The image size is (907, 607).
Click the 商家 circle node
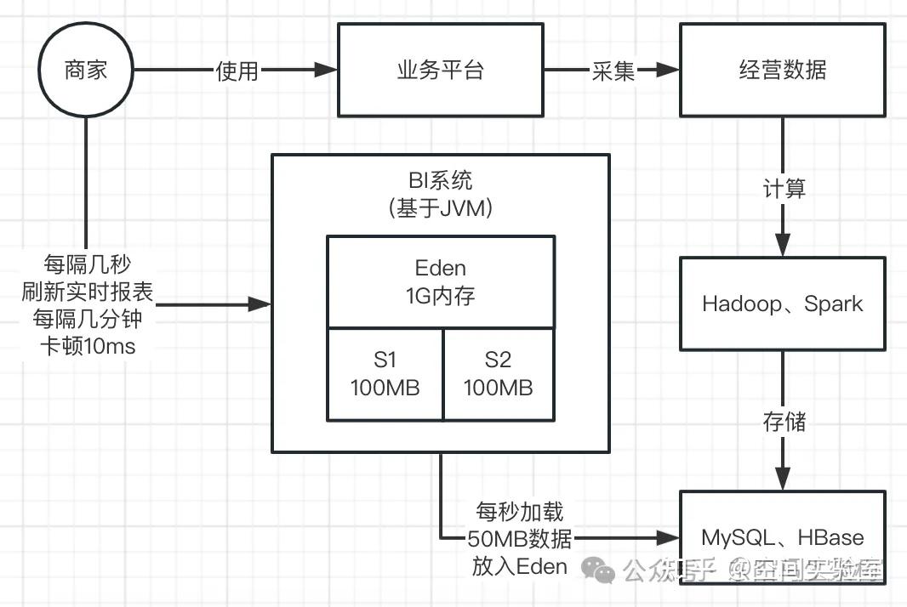tap(86, 71)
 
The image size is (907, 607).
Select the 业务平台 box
tap(440, 71)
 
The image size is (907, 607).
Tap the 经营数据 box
tap(783, 71)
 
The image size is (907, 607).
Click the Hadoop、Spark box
tap(783, 304)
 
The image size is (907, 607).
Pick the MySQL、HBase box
tap(783, 537)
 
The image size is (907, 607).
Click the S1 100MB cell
tap(385, 374)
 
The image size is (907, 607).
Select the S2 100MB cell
tap(498, 374)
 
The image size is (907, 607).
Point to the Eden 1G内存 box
tap(441, 282)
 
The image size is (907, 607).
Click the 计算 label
tap(784, 189)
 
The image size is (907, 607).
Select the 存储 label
tap(784, 421)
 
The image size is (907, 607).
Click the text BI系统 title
tap(440, 181)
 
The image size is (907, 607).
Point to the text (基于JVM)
tap(440, 209)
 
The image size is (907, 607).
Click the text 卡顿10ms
tap(88, 347)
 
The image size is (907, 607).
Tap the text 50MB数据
tap(519, 538)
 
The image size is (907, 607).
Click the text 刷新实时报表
tap(88, 292)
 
